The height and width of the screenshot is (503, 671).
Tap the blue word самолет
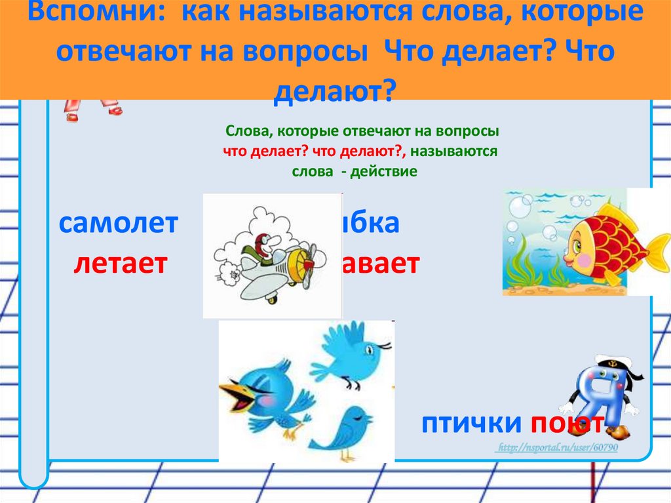coord(118,225)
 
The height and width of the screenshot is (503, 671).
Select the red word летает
coord(121,264)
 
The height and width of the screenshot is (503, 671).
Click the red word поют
coord(567,424)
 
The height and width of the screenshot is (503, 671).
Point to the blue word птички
coord(472,424)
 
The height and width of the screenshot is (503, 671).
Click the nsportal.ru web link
coord(556,447)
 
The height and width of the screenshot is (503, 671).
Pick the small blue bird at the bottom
coord(341,430)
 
